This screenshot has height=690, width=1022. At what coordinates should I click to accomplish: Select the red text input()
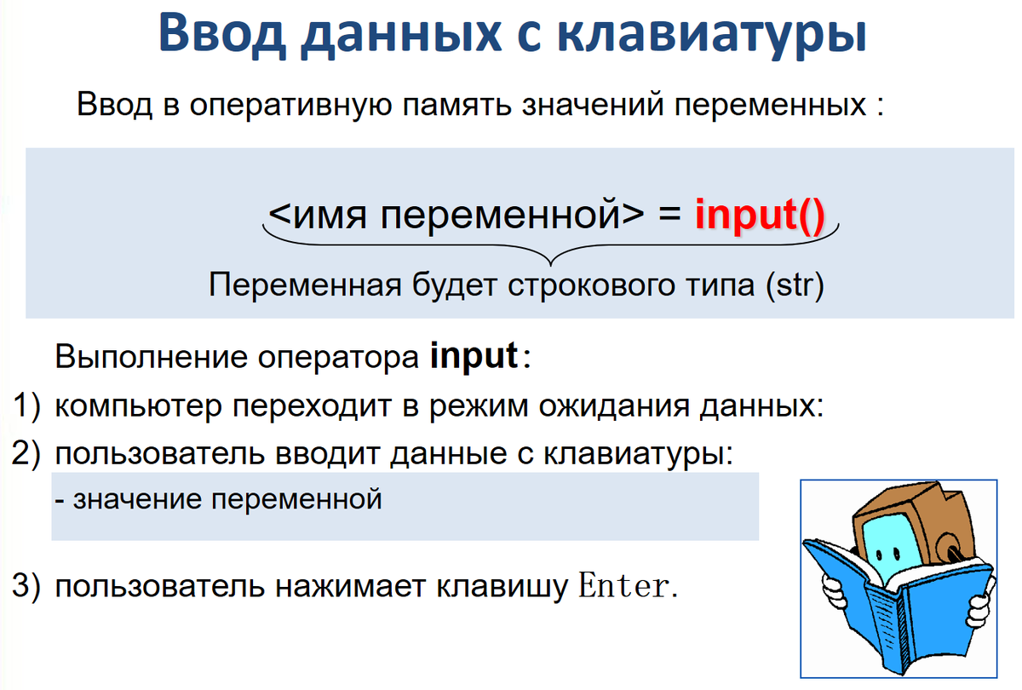coord(760,216)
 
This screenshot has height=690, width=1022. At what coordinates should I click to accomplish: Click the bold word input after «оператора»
coord(474,355)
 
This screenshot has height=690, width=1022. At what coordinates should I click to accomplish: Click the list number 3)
coord(26,587)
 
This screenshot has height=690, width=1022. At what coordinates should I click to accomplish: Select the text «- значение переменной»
coord(217,499)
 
